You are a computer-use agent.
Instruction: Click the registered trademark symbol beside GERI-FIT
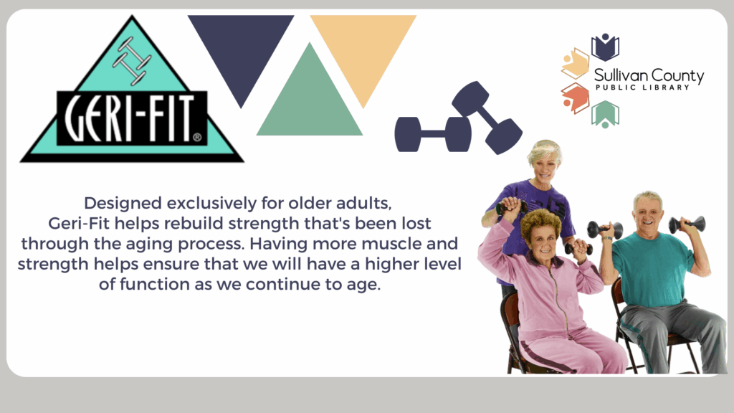[197, 137]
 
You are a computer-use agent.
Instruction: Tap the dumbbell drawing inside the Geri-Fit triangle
[132, 62]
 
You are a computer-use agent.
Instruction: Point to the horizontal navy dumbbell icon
[432, 134]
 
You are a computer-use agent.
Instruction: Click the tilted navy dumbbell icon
[487, 118]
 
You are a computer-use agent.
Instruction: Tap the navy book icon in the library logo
[605, 47]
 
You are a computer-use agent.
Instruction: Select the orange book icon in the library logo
[576, 98]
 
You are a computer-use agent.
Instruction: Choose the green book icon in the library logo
[605, 114]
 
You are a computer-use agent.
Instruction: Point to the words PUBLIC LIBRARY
[643, 87]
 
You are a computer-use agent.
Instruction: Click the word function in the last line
[155, 284]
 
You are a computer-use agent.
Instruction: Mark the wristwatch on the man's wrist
[607, 239]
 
